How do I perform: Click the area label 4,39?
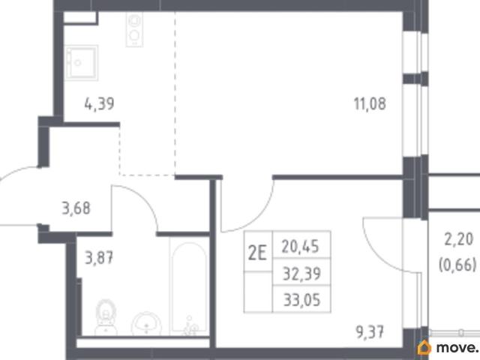pyautogui.click(x=99, y=103)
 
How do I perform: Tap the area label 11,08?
pyautogui.click(x=370, y=103)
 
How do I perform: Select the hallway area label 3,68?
pyautogui.click(x=76, y=208)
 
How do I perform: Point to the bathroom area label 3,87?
pyautogui.click(x=99, y=257)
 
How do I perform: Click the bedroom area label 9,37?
pyautogui.click(x=370, y=332)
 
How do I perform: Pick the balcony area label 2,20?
pyautogui.click(x=458, y=239)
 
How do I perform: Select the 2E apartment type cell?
pyautogui.click(x=258, y=253)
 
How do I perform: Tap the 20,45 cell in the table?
pyautogui.click(x=301, y=245)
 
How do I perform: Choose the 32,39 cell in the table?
pyautogui.click(x=301, y=273)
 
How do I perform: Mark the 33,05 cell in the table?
pyautogui.click(x=301, y=299)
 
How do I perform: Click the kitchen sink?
pyautogui.click(x=81, y=63)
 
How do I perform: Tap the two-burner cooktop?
pyautogui.click(x=134, y=30)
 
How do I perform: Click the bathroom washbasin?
pyautogui.click(x=147, y=324)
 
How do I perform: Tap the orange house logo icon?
pyautogui.click(x=424, y=348)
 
